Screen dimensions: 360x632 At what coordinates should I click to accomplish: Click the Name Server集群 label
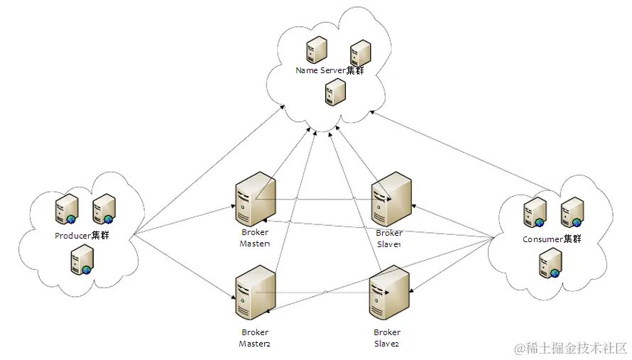pos(329,70)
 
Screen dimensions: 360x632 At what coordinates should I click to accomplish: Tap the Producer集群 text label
pos(82,235)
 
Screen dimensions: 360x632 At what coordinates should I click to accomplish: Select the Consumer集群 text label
pos(552,239)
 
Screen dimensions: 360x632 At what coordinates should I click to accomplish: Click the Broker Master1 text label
pos(255,239)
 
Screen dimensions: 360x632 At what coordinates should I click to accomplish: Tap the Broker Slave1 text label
pos(389,239)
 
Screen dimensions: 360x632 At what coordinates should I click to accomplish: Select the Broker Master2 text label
pos(255,338)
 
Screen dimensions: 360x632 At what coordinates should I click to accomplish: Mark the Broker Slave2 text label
pos(387,338)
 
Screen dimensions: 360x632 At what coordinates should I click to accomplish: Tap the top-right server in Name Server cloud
pos(360,53)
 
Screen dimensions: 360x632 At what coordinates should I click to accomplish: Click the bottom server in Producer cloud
pos(80,260)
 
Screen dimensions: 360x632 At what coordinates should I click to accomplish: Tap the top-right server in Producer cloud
pos(104,209)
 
